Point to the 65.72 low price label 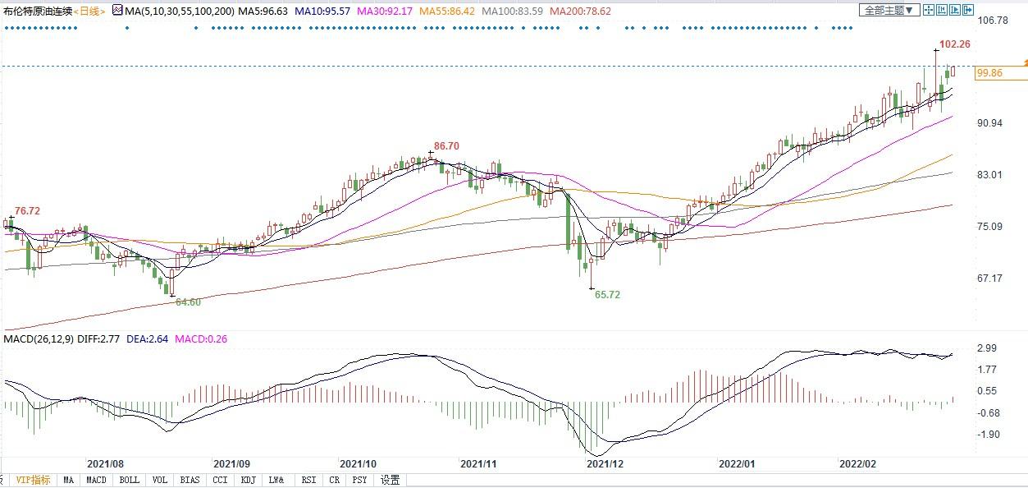(608, 293)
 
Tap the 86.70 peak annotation (446, 145)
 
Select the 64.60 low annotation (188, 302)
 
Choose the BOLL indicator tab (129, 480)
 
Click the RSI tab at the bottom (308, 480)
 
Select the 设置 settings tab (390, 480)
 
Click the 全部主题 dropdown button (887, 10)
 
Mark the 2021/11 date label (479, 463)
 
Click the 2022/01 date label (737, 463)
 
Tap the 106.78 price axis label (996, 20)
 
